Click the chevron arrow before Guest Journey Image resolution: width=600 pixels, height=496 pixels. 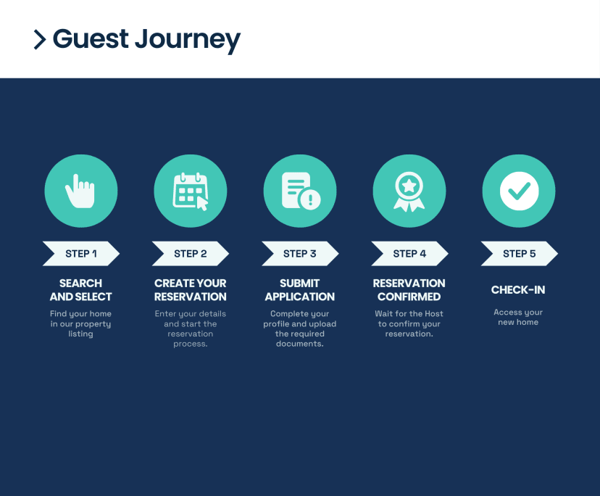(40, 39)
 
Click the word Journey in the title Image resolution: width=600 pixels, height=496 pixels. (188, 40)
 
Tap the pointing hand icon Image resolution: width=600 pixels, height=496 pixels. (80, 191)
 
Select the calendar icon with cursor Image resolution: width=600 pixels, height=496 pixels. (191, 191)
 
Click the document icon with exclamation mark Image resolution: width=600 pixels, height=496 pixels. (301, 191)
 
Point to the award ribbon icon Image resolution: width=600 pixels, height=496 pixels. (409, 191)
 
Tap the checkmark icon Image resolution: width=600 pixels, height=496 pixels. (519, 191)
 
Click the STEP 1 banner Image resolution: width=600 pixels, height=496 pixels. (81, 254)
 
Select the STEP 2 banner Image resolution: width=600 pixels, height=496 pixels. (191, 254)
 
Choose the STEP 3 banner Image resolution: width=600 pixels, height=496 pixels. (300, 254)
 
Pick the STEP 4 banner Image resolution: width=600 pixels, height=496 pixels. (409, 254)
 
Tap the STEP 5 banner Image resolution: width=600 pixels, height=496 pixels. (520, 254)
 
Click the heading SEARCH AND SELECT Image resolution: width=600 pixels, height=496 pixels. (80, 290)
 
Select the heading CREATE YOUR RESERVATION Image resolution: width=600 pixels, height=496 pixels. (190, 290)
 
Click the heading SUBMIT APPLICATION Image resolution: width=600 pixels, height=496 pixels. (299, 290)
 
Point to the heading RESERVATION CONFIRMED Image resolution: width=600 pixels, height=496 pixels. (409, 290)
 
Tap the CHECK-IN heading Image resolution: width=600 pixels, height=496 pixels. (518, 290)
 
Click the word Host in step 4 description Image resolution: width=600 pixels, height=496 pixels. (434, 314)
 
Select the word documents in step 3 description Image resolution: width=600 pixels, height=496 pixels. (299, 344)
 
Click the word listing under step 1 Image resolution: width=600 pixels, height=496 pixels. (80, 334)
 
